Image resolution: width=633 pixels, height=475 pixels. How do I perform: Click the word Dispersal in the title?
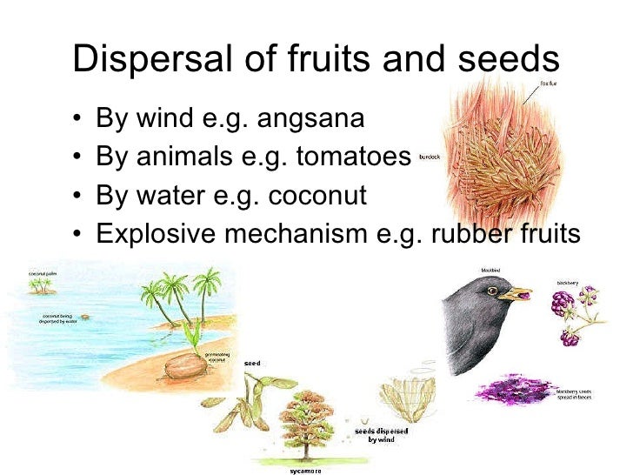pos(139,58)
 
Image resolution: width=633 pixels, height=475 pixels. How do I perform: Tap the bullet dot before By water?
pos(80,197)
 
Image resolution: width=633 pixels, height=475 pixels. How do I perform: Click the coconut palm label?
pos(41,274)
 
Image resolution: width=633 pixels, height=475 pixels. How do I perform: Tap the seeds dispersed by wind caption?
pos(383,435)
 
